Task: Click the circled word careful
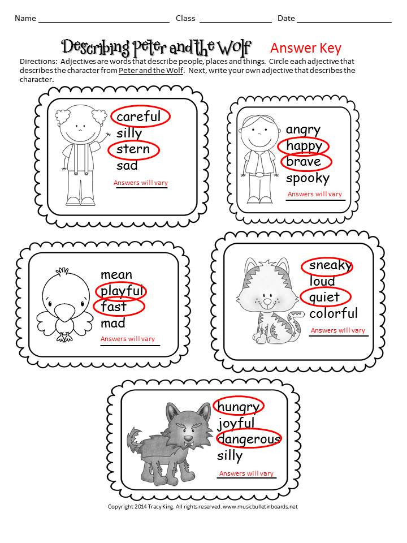pyautogui.click(x=139, y=117)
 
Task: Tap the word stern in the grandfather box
pyautogui.click(x=133, y=149)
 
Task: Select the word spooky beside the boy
pyautogui.click(x=308, y=179)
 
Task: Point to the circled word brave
pyautogui.click(x=304, y=162)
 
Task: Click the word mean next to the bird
pyautogui.click(x=116, y=275)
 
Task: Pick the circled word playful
pyautogui.click(x=122, y=291)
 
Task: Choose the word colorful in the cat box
pyautogui.click(x=334, y=313)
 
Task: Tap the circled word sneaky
pyautogui.click(x=330, y=265)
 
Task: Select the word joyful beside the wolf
pyautogui.click(x=236, y=423)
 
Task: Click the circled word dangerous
pyautogui.click(x=249, y=439)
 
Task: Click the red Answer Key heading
pyautogui.click(x=305, y=48)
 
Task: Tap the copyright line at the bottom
pyautogui.click(x=203, y=506)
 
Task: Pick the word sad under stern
pyautogui.click(x=127, y=166)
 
